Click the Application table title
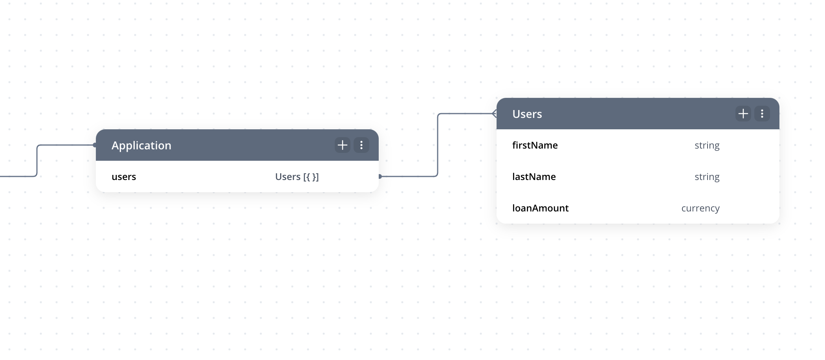click(x=141, y=145)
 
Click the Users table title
click(x=527, y=114)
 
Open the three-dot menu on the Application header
click(x=361, y=145)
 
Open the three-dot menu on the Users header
click(x=762, y=114)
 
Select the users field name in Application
click(x=124, y=177)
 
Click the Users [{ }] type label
click(x=297, y=177)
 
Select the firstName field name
click(x=535, y=145)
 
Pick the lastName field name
click(x=534, y=177)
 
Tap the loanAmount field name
click(x=541, y=208)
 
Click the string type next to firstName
click(x=707, y=145)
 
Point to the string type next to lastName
click(x=707, y=177)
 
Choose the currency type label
click(x=700, y=208)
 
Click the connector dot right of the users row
click(x=380, y=176)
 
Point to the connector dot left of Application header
click(x=95, y=145)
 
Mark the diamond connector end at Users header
click(x=495, y=114)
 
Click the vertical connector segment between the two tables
click(x=438, y=145)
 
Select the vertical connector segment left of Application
click(x=37, y=161)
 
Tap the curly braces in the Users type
click(x=310, y=177)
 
